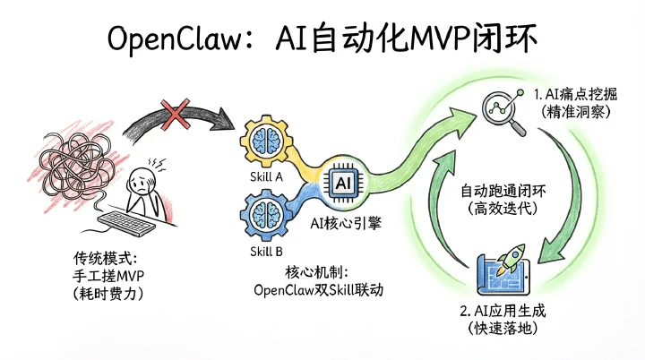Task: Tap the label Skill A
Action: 266,177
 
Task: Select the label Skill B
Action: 266,252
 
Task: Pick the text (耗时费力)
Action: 108,292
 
